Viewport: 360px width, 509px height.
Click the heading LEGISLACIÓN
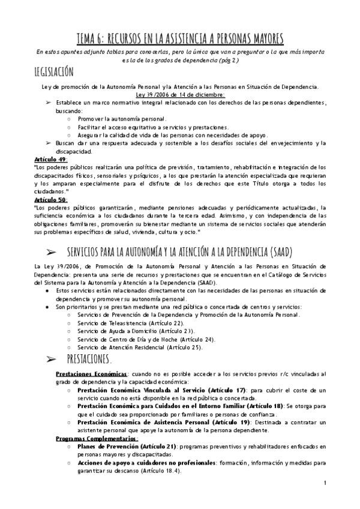[x=55, y=72]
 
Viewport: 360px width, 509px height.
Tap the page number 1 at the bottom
[x=325, y=483]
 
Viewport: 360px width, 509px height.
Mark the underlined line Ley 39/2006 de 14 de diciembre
[x=180, y=95]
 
